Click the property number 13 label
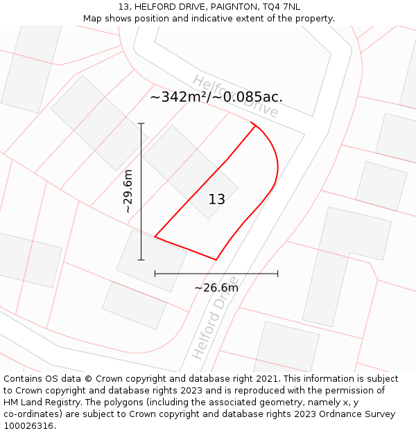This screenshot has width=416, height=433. point(217,200)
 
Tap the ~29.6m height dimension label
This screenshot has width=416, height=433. point(128,191)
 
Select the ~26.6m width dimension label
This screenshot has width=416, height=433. point(216,288)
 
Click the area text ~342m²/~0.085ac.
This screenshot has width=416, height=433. point(216,97)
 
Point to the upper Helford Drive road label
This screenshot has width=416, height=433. point(236,96)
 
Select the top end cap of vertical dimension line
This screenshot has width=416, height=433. point(141,123)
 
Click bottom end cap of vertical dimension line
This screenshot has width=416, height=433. point(141,260)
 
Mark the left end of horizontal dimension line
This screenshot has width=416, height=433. point(155,274)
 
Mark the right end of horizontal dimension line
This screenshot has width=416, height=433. point(277,274)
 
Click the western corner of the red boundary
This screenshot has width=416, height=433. point(155,237)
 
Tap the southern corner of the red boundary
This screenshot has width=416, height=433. point(216,260)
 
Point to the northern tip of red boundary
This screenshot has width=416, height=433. point(252,123)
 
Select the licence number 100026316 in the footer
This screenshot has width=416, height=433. point(29,426)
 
